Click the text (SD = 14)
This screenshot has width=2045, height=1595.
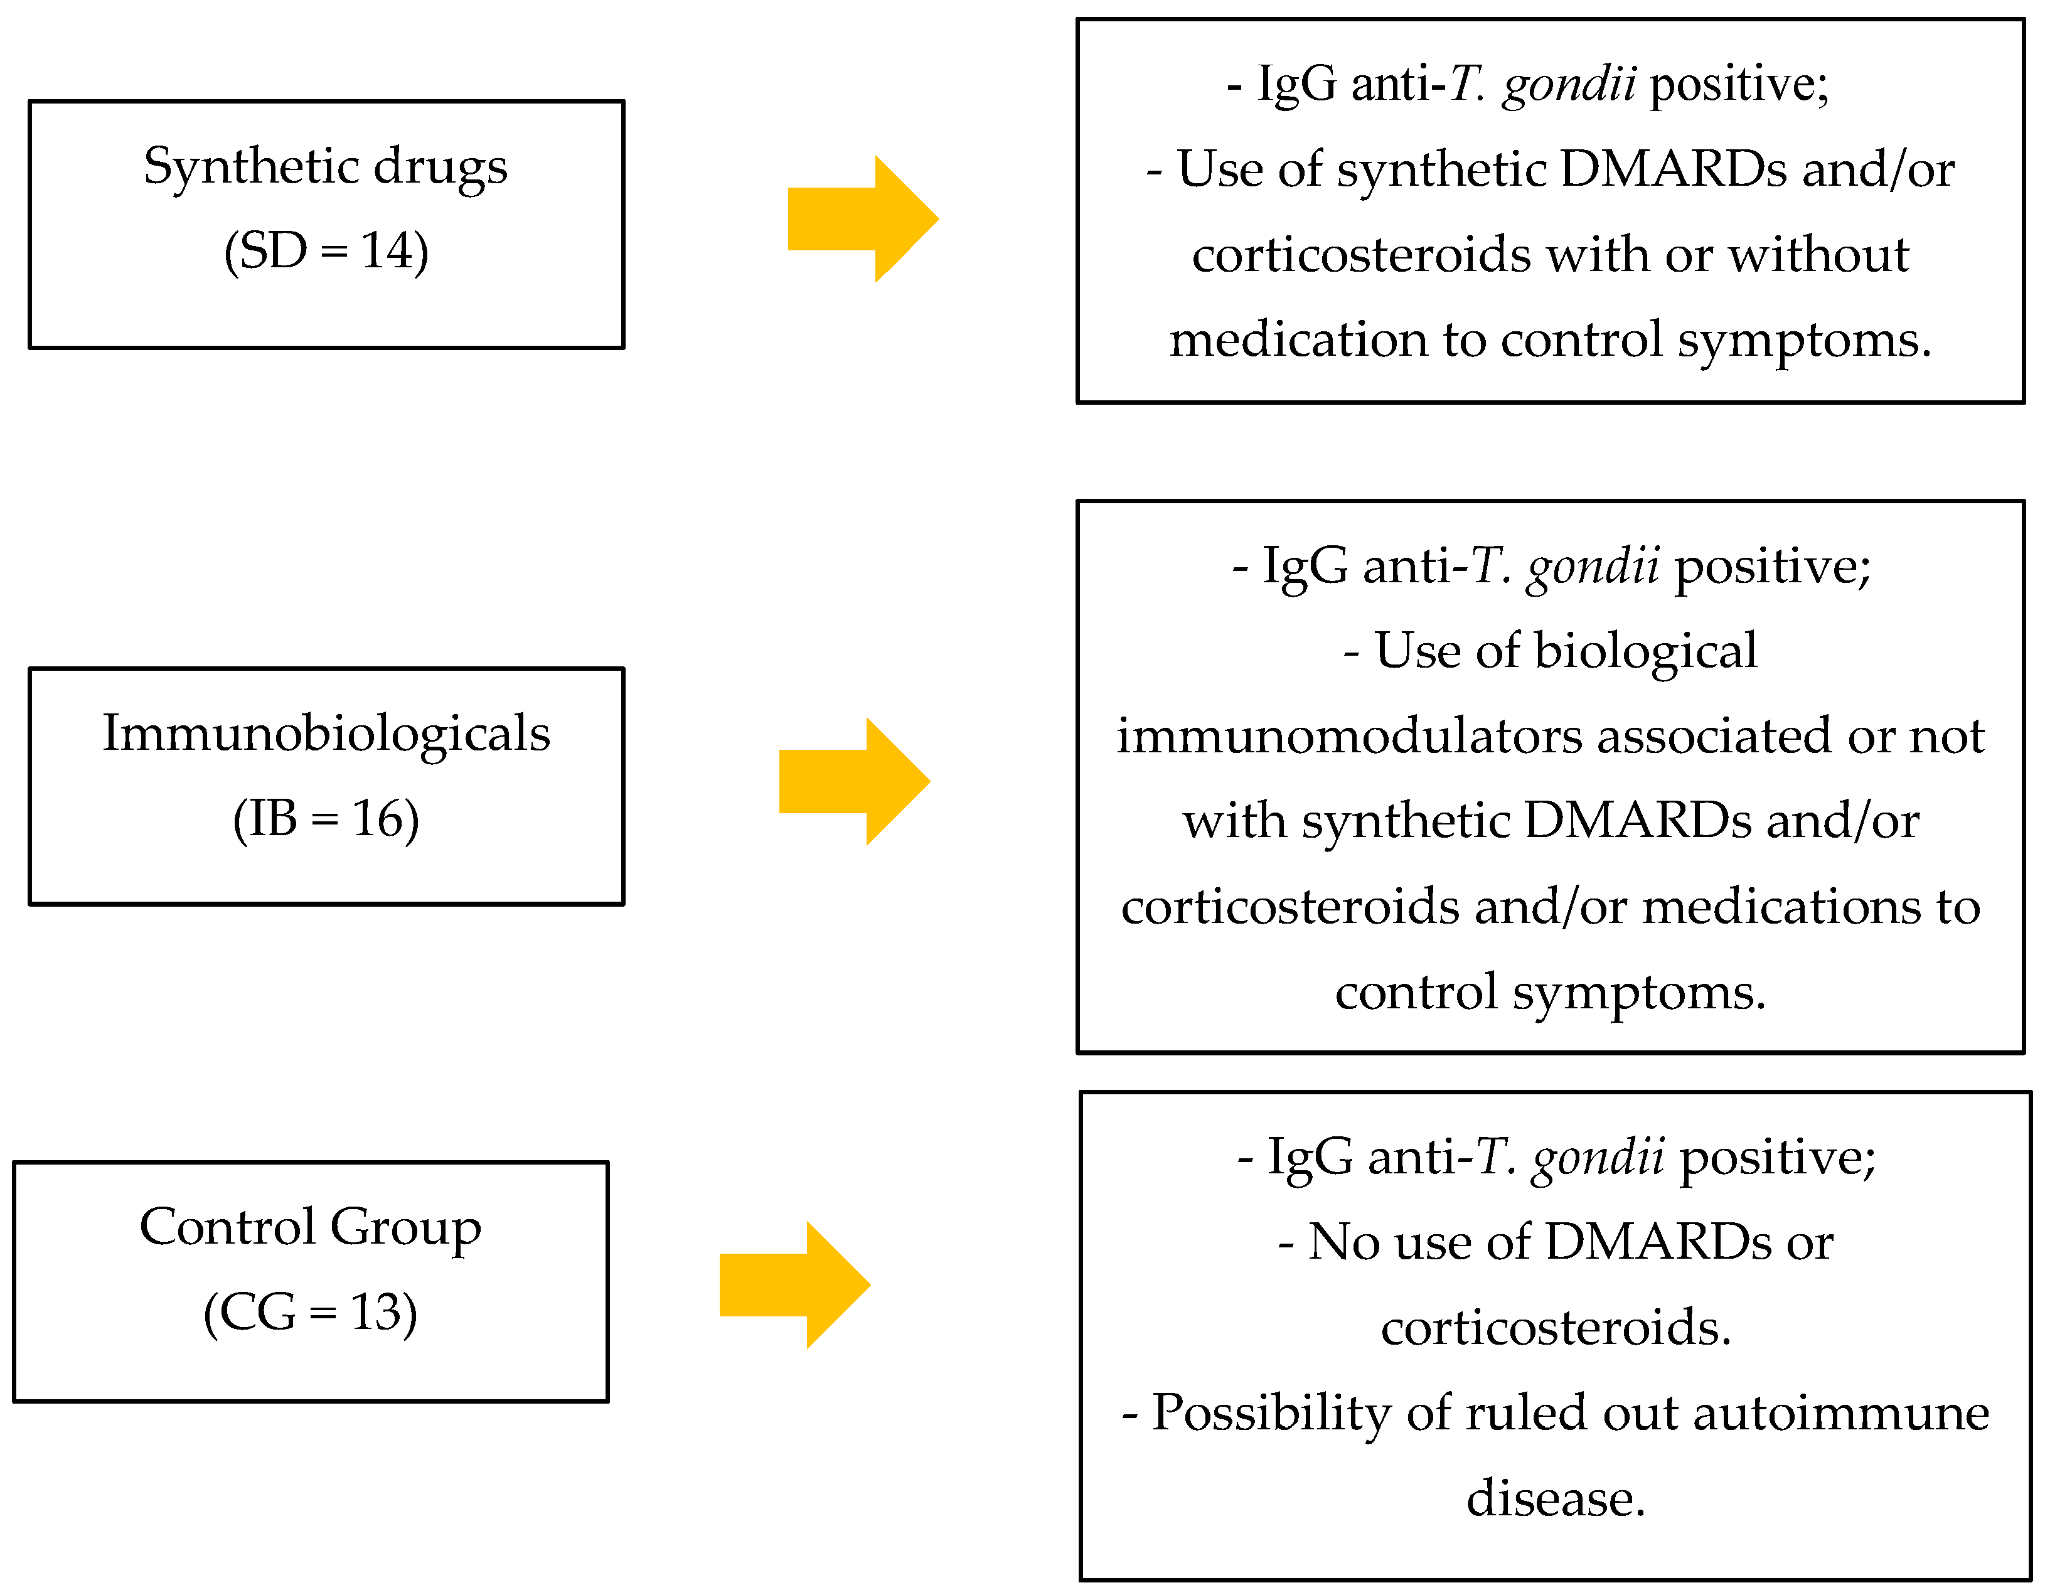pos(326,251)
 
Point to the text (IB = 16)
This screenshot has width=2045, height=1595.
pos(326,819)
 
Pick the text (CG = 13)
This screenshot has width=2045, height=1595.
pos(310,1312)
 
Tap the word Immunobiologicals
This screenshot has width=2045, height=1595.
pos(326,733)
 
